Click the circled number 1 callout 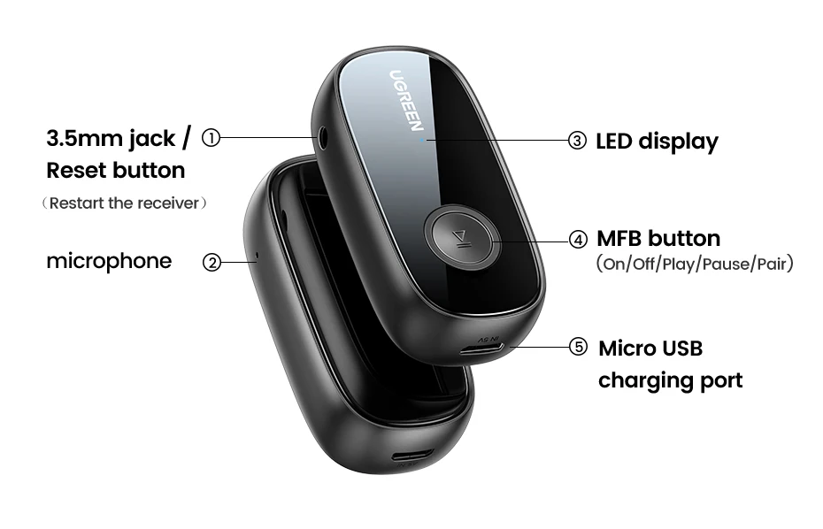pos(211,138)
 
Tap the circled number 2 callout pos(212,262)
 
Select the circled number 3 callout pos(578,141)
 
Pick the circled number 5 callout pos(578,348)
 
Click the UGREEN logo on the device pos(406,100)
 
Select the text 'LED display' pos(657,141)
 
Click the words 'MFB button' pos(658,239)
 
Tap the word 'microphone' pos(109,261)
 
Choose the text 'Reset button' pos(116,170)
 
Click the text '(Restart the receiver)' pos(125,203)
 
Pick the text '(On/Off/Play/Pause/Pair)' pos(695,264)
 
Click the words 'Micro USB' pos(650,348)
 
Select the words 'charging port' pos(670,380)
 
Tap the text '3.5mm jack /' pos(119,138)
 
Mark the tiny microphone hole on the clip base pos(257,260)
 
